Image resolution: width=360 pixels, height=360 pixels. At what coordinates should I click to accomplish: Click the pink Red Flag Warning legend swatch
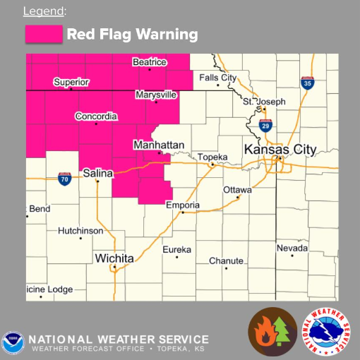click(43, 35)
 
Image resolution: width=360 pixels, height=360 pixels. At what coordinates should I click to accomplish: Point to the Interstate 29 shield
click(265, 126)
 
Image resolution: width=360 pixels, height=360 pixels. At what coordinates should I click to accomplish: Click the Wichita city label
click(114, 258)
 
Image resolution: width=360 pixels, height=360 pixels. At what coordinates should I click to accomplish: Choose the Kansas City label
click(280, 150)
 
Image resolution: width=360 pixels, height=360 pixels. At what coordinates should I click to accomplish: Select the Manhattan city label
click(159, 145)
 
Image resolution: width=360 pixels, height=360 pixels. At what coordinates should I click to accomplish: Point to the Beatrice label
click(149, 63)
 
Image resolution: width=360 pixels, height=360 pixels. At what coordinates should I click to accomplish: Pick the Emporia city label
click(183, 205)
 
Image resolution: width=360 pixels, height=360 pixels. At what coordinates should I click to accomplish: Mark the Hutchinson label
click(80, 231)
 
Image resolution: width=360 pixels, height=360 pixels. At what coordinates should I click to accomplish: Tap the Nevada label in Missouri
click(292, 248)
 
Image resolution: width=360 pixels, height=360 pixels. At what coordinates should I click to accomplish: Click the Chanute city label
click(226, 260)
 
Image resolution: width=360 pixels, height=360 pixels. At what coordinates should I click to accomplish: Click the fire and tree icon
click(272, 330)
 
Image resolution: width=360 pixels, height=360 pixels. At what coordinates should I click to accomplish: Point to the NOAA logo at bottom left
click(15, 342)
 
